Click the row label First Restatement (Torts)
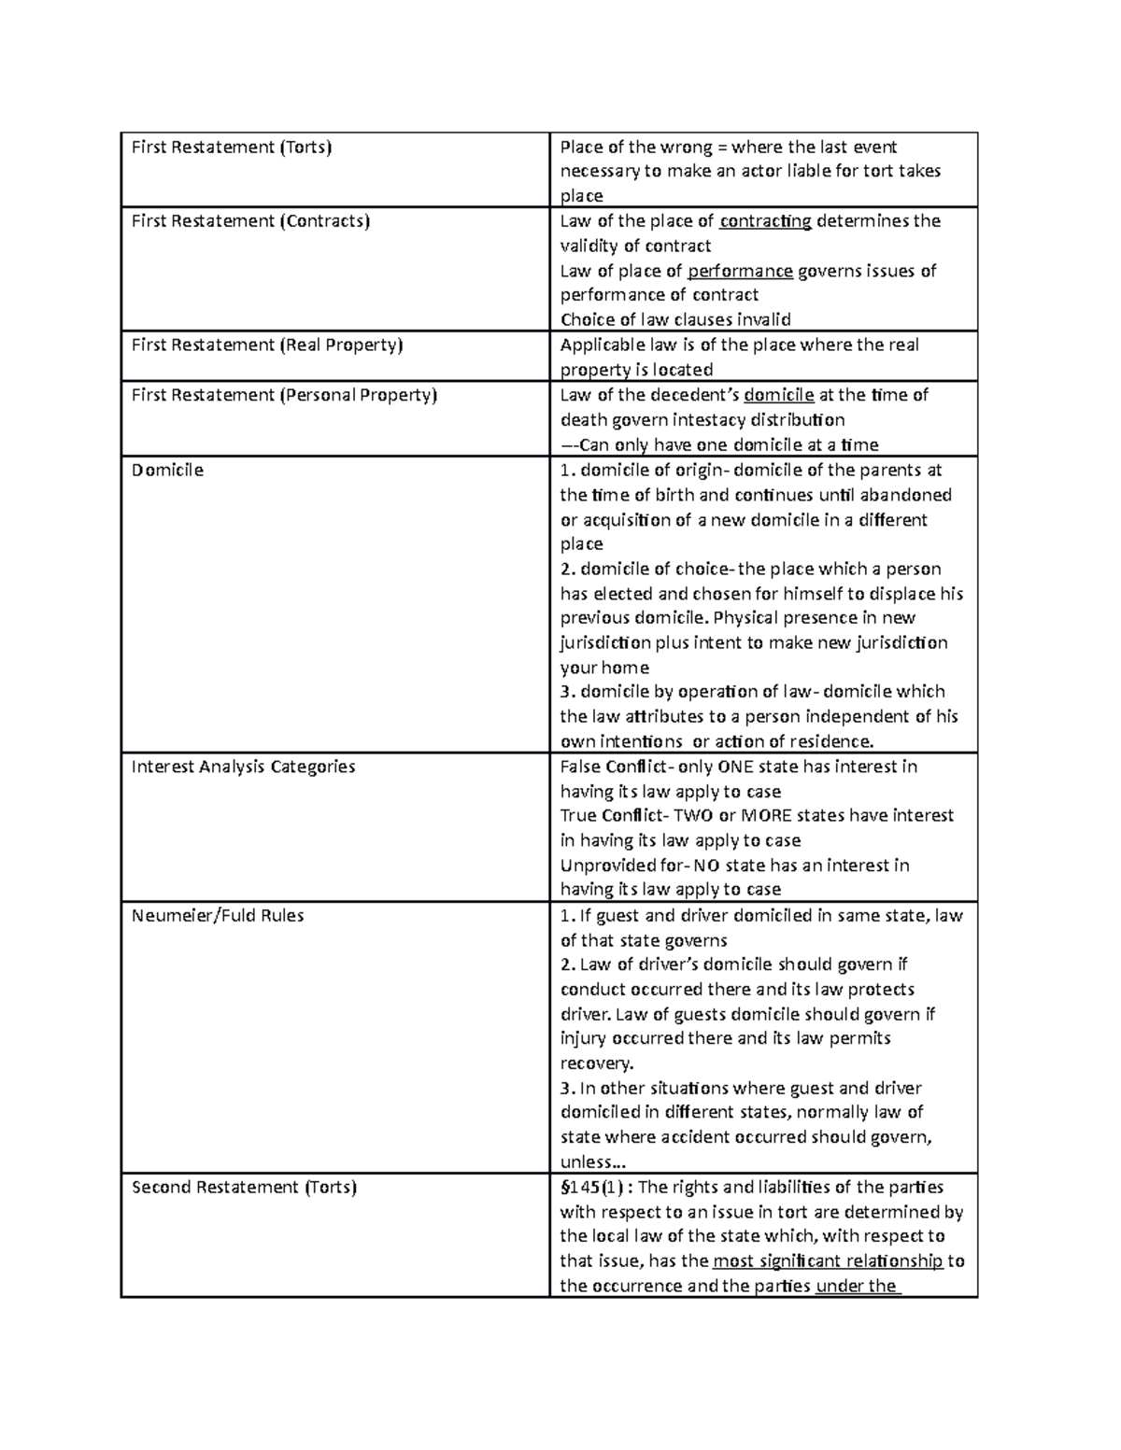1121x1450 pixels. pyautogui.click(x=232, y=147)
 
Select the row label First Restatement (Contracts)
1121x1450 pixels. pyautogui.click(x=250, y=221)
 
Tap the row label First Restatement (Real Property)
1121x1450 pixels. pyautogui.click(x=267, y=345)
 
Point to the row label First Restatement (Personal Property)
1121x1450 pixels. pyautogui.click(x=284, y=395)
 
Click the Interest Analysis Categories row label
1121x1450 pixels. pyautogui.click(x=243, y=767)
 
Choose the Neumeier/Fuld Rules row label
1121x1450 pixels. pyautogui.click(x=218, y=915)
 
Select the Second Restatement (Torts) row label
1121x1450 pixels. pyautogui.click(x=244, y=1188)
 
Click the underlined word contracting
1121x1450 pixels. pyautogui.click(x=765, y=221)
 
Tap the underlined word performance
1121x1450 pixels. pyautogui.click(x=740, y=271)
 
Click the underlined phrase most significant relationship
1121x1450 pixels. pyautogui.click(x=828, y=1261)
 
